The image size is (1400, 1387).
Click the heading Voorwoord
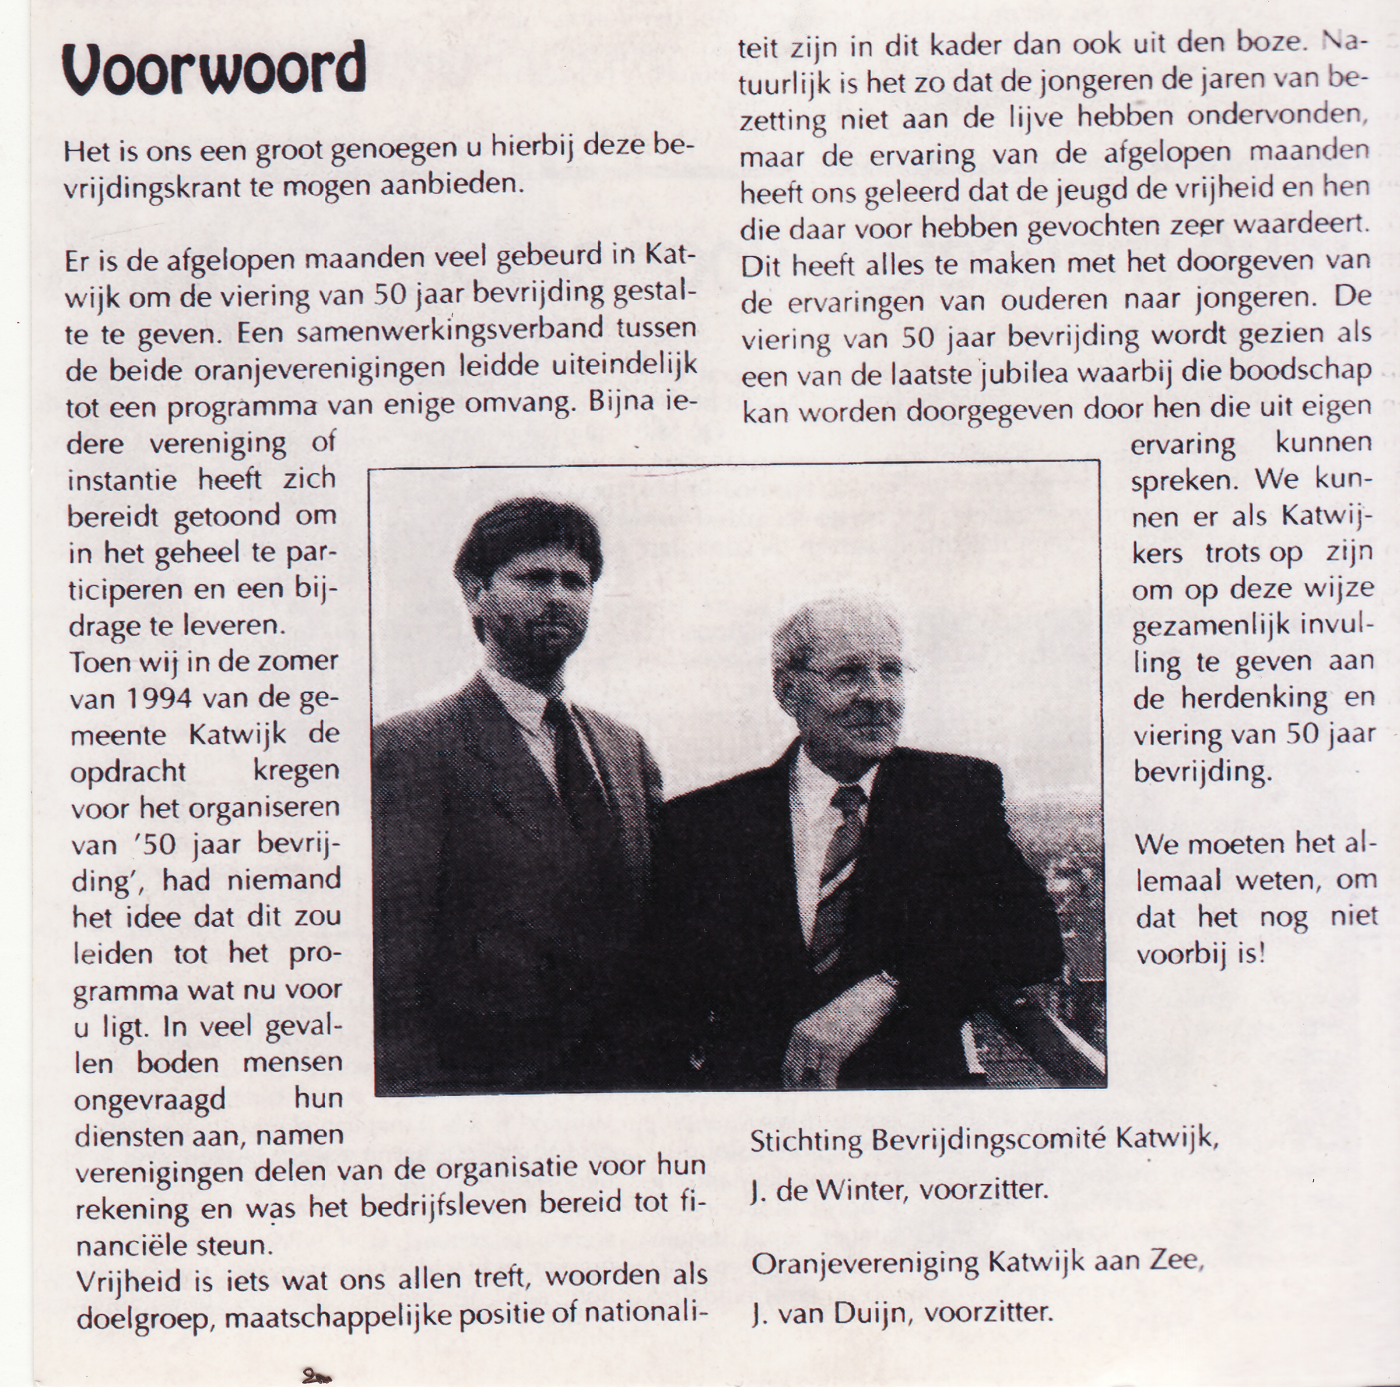214,69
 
